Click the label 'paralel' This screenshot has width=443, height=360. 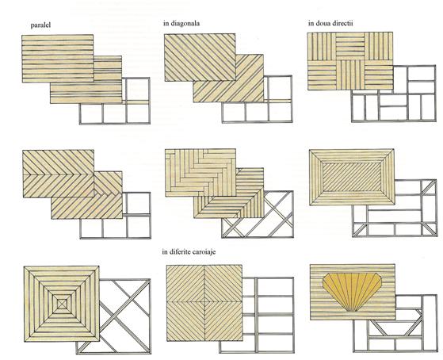click(40, 25)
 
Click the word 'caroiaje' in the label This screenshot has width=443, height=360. click(204, 251)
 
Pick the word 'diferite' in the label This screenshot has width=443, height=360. click(180, 251)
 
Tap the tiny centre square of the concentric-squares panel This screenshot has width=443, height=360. click(62, 304)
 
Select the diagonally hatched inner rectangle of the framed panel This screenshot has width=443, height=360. click(352, 176)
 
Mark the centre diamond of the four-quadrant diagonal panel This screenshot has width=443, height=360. click(204, 301)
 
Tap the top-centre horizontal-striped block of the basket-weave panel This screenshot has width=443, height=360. click(350, 46)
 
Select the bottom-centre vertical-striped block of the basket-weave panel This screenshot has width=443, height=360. click(350, 75)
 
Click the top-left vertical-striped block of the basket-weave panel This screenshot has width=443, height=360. click(322, 46)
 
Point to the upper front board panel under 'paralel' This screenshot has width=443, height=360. click(58, 59)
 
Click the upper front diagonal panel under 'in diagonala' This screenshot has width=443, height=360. click(200, 57)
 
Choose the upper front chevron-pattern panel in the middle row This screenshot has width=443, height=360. click(59, 174)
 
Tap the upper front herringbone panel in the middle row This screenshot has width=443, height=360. click(200, 173)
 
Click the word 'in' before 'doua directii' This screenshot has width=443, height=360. click(311, 23)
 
